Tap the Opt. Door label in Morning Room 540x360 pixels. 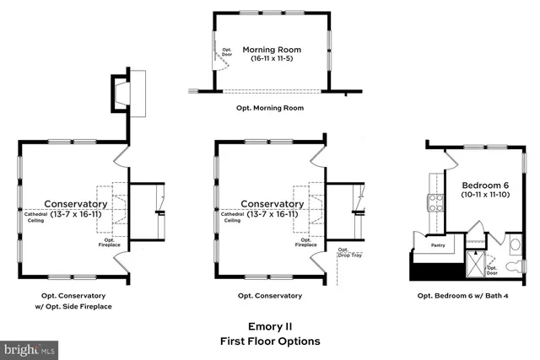click(226, 53)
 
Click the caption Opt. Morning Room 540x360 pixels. click(270, 108)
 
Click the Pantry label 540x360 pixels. click(437, 245)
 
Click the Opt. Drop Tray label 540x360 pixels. click(345, 253)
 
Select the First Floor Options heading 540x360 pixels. click(270, 341)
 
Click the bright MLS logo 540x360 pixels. click(30, 347)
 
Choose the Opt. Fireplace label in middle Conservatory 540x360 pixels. click(306, 243)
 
